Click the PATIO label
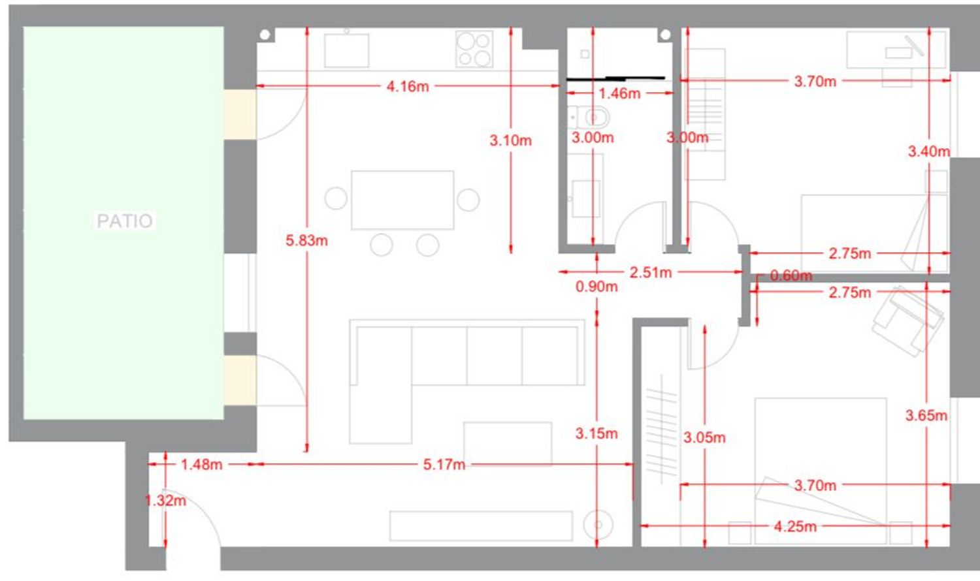click(x=125, y=221)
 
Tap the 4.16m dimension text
click(x=407, y=87)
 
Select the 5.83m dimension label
click(x=306, y=240)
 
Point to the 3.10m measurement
click(x=510, y=140)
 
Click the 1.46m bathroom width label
click(x=619, y=93)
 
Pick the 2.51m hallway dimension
click(x=651, y=272)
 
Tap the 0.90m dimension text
click(x=596, y=287)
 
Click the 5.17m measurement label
click(x=444, y=464)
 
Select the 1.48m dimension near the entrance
click(x=202, y=464)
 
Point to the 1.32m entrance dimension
click(x=165, y=500)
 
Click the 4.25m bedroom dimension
click(x=795, y=526)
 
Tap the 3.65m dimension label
click(x=926, y=415)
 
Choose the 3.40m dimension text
click(x=929, y=151)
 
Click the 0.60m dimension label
click(x=791, y=275)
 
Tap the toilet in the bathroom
click(x=589, y=117)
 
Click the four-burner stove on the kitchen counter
click(x=474, y=48)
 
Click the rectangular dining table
click(x=402, y=200)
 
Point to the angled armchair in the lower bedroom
click(x=908, y=321)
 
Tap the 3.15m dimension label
click(x=596, y=433)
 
